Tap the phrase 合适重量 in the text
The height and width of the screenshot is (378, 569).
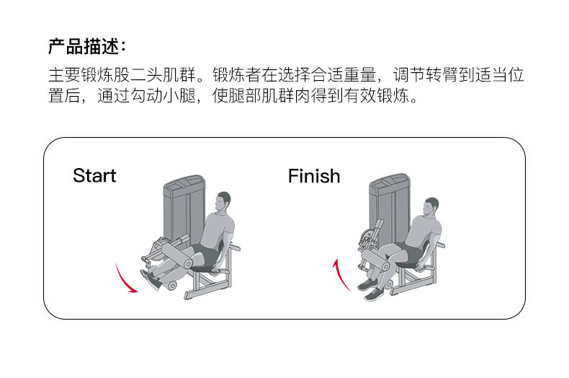click(x=349, y=76)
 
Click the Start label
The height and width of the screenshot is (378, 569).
click(x=94, y=176)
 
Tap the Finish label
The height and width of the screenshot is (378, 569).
click(x=313, y=176)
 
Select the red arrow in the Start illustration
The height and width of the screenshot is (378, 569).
click(x=125, y=279)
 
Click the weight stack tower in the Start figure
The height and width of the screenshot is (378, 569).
click(x=179, y=209)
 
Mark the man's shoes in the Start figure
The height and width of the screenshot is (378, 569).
click(x=153, y=279)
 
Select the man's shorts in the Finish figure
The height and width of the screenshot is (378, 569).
click(x=408, y=252)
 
